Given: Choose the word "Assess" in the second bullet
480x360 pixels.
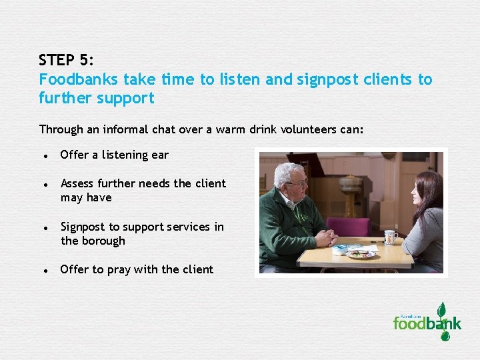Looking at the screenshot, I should [x=79, y=183].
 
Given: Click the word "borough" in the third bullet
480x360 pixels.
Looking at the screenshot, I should [x=103, y=241].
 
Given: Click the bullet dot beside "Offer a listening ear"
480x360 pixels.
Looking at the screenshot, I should [x=44, y=156].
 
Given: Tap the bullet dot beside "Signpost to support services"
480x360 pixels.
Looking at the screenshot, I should [x=44, y=228].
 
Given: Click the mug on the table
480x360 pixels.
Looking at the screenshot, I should [x=390, y=237].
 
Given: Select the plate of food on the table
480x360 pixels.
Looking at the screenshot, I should [x=361, y=253].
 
